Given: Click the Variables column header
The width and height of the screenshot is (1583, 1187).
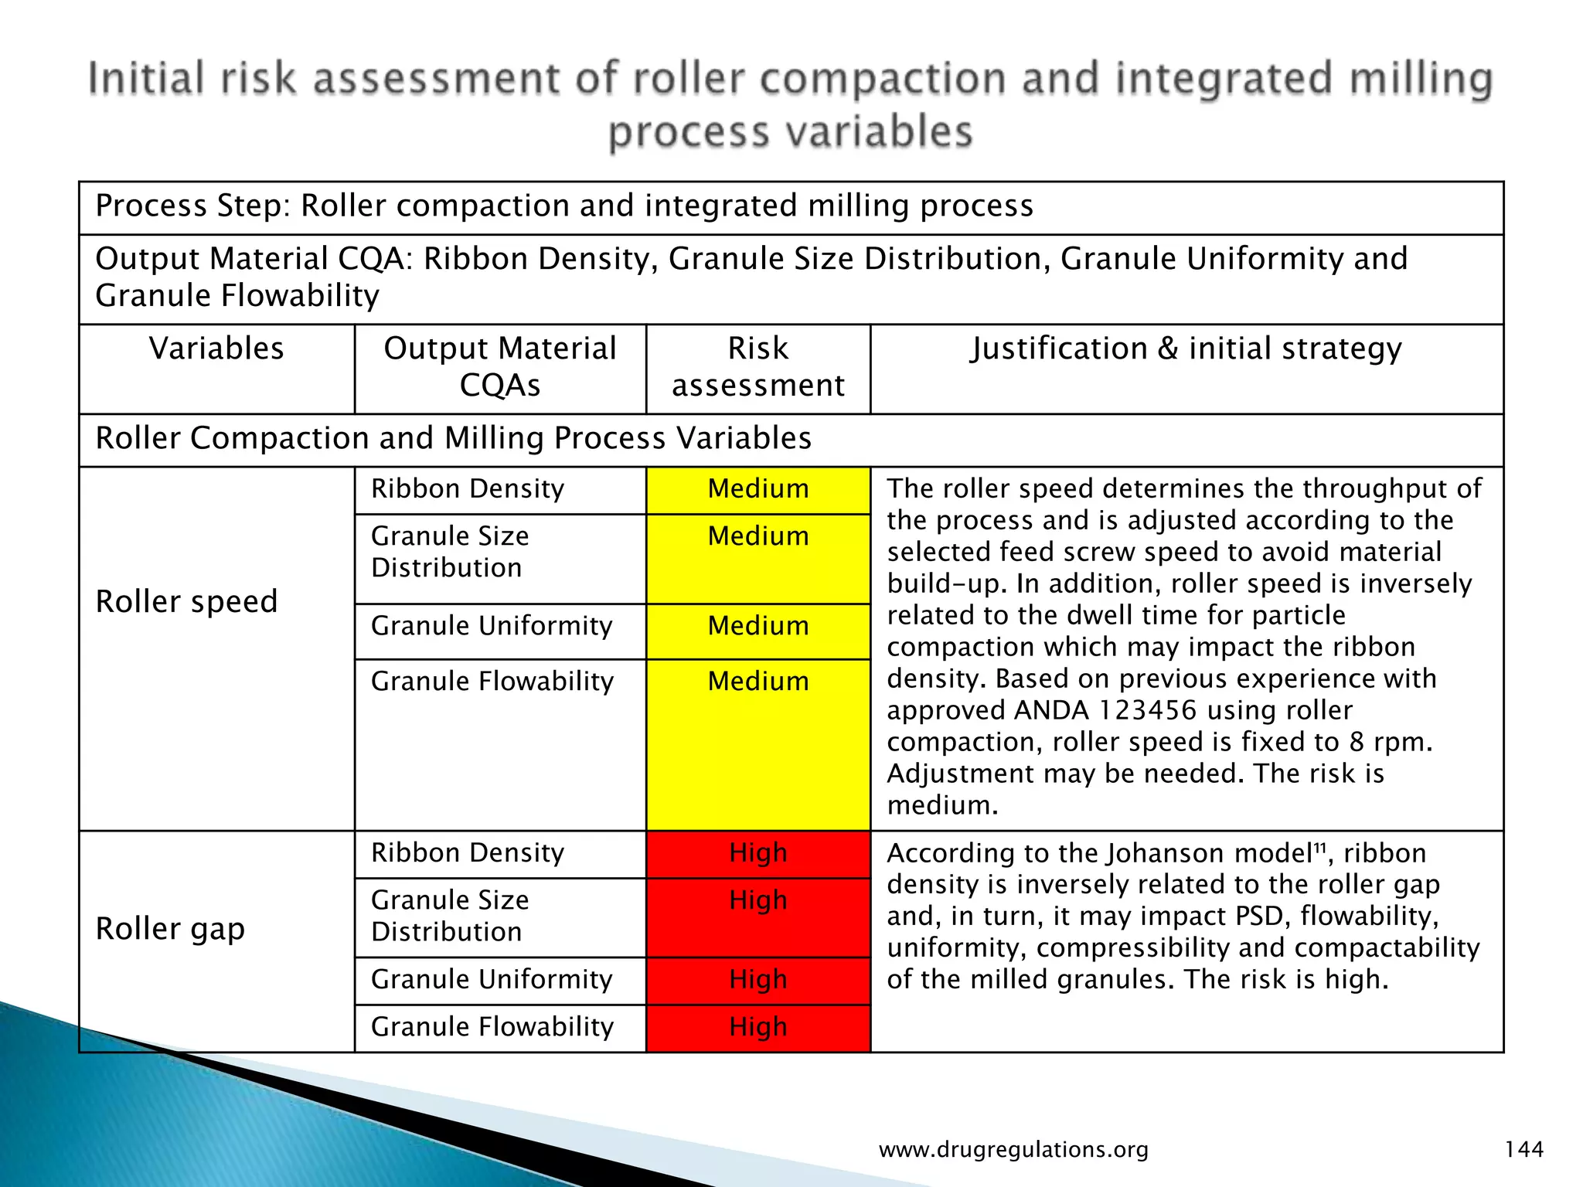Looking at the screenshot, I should [x=216, y=349].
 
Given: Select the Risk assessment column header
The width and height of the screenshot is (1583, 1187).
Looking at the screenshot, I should [x=757, y=367].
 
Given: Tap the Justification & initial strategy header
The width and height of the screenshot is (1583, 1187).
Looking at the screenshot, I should [x=1186, y=349].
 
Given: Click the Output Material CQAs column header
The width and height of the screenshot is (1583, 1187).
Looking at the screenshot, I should [x=500, y=367].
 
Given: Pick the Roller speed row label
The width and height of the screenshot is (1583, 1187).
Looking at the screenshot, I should [x=186, y=601].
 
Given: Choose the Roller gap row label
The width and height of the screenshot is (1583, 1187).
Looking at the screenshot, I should [x=170, y=928].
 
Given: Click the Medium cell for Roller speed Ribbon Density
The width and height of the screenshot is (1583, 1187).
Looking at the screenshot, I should [x=757, y=489].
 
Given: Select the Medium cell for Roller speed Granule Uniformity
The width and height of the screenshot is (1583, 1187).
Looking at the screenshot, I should [x=757, y=626].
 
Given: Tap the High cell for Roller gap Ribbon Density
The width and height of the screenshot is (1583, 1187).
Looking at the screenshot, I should [x=757, y=853].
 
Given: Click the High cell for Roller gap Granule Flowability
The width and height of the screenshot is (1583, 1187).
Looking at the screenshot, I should [x=757, y=1027].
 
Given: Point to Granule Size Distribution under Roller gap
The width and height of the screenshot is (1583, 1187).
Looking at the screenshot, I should [x=450, y=916].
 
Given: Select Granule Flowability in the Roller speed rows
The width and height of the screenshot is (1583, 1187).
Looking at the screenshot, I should [x=492, y=682].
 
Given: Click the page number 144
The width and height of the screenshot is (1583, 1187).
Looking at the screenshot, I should [x=1523, y=1150].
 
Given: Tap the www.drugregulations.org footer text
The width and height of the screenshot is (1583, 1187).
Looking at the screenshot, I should [x=1013, y=1150].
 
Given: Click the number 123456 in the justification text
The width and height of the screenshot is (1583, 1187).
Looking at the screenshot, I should [x=1147, y=710].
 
